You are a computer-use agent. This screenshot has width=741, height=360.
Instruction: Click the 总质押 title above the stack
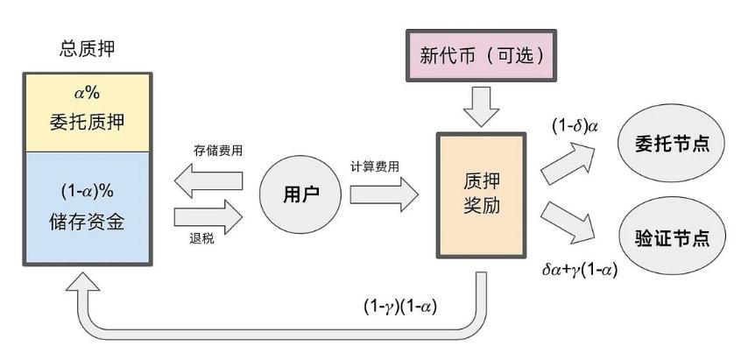pyautogui.click(x=87, y=49)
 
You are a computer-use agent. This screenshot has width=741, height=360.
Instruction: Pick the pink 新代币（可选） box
pyautogui.click(x=482, y=56)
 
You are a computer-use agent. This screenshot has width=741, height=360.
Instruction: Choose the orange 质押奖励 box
pyautogui.click(x=481, y=195)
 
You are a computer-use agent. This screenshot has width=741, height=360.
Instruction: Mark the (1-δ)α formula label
pyautogui.click(x=575, y=125)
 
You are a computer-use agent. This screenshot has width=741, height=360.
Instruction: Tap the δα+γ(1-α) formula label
pyautogui.click(x=580, y=270)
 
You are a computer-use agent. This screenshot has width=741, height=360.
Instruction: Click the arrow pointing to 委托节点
pyautogui.click(x=568, y=161)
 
